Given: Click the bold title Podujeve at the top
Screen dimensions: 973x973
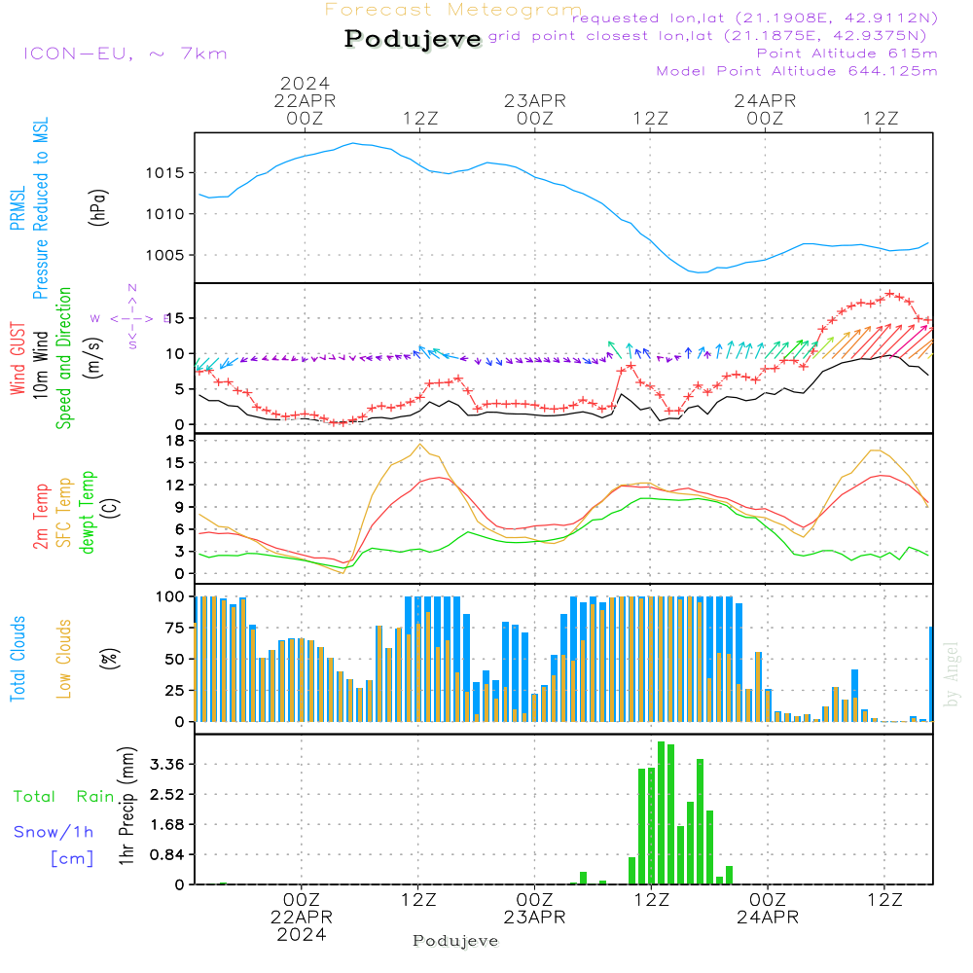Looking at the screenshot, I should click(413, 39).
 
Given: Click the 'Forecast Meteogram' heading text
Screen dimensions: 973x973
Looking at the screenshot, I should click(453, 11).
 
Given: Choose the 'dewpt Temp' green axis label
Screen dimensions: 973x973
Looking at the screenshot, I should click(88, 512).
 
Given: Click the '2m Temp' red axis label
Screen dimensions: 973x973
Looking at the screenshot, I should click(41, 512).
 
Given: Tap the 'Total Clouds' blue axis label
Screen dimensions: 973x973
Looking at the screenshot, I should click(18, 659).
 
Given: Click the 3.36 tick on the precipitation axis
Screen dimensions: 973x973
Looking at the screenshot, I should click(166, 764).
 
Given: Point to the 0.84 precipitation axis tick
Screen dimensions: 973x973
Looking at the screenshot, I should click(166, 854).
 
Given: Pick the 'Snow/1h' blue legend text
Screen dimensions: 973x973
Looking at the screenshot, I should click(54, 832).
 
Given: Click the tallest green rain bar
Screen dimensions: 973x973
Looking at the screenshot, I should click(661, 812).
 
